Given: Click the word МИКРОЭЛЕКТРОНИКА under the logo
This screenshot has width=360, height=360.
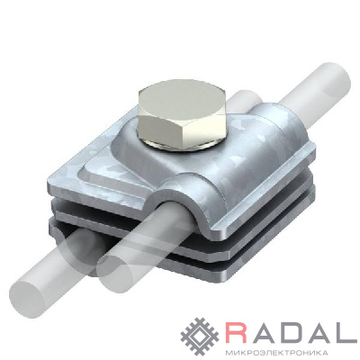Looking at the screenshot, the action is (x=274, y=352).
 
